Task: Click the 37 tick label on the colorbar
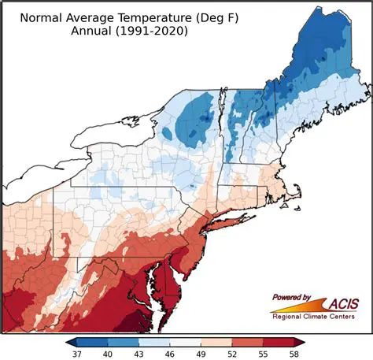(77, 354)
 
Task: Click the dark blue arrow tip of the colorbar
(72, 342)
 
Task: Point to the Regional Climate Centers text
(318, 317)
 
